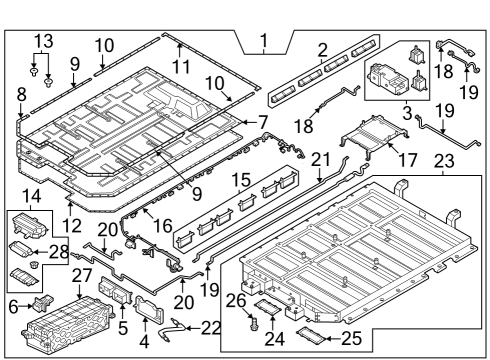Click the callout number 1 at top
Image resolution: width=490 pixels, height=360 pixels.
[x=263, y=42]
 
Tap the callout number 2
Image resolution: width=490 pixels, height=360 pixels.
[x=321, y=49]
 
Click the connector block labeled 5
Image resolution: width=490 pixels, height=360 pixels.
[x=112, y=297]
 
